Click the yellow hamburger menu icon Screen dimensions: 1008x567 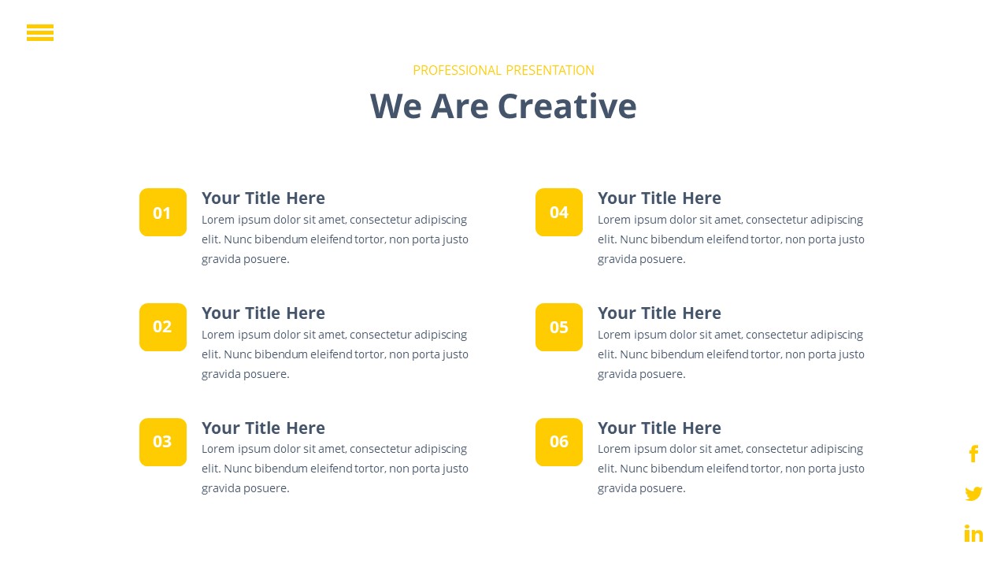click(40, 32)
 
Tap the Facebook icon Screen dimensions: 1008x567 click(973, 454)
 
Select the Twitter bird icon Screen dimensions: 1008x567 click(973, 494)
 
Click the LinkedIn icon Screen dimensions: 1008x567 click(973, 533)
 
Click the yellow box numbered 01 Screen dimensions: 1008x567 click(163, 213)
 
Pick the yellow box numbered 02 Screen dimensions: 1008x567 click(163, 327)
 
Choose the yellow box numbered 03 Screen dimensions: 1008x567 click(163, 442)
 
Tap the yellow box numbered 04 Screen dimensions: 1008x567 click(559, 213)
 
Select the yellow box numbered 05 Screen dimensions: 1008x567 click(559, 327)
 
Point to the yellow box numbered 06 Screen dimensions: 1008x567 click(559, 442)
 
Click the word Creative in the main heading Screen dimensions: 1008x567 click(567, 106)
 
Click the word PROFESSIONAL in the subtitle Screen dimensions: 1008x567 click(457, 70)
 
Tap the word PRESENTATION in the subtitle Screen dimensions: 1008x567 click(550, 70)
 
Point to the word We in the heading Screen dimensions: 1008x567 click(396, 106)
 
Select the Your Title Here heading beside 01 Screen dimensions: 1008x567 click(263, 198)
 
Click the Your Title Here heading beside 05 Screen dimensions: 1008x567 click(659, 313)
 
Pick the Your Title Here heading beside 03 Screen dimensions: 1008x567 click(263, 428)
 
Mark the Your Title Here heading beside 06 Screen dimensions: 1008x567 click(659, 428)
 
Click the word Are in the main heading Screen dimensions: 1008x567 click(459, 106)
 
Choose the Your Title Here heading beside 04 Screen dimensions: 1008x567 click(659, 198)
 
